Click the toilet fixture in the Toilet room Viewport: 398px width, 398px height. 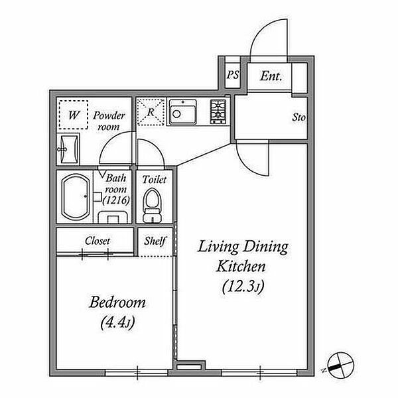click(x=152, y=205)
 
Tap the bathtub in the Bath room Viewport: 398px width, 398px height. click(x=76, y=197)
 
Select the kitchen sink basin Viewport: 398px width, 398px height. click(x=183, y=112)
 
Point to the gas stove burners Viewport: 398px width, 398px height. click(x=218, y=111)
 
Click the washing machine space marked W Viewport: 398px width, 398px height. click(x=74, y=115)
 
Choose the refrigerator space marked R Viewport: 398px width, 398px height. click(x=151, y=112)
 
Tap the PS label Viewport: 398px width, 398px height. click(x=233, y=75)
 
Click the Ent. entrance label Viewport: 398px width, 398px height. click(x=271, y=76)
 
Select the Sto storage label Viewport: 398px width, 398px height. click(x=298, y=117)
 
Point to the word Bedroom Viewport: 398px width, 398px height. click(x=117, y=302)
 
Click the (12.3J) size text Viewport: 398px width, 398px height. click(x=243, y=287)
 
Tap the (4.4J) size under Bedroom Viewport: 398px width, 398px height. click(x=117, y=322)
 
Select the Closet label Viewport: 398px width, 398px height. click(x=98, y=241)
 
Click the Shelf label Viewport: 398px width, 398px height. click(x=155, y=241)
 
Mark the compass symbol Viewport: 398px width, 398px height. click(x=340, y=365)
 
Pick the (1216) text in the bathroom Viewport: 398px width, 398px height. click(x=116, y=200)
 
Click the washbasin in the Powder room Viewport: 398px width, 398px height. click(x=68, y=149)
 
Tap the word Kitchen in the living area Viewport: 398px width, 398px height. click(x=241, y=266)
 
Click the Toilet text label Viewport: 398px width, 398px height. click(x=155, y=180)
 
